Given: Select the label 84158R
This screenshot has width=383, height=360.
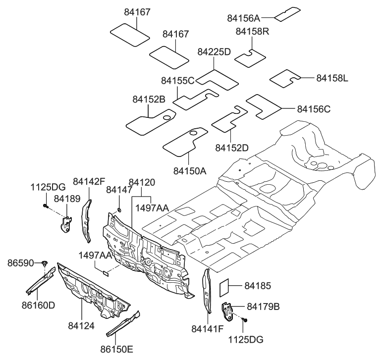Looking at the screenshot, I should coord(252,32).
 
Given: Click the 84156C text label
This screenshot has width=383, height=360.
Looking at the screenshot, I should coord(314,108).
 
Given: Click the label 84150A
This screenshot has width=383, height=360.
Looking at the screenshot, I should coord(190,171).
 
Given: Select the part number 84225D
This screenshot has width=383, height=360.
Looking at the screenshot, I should coord(214,51).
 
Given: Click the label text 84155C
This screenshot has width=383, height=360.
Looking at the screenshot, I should coord(178,80).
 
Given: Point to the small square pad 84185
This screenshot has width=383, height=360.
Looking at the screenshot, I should coord(223,286).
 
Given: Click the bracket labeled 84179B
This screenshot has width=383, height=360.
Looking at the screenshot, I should coord(228,310).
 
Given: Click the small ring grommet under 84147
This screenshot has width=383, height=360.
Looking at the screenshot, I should coord(119,211).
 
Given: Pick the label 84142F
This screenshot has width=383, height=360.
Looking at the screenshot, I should coord(89,181).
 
